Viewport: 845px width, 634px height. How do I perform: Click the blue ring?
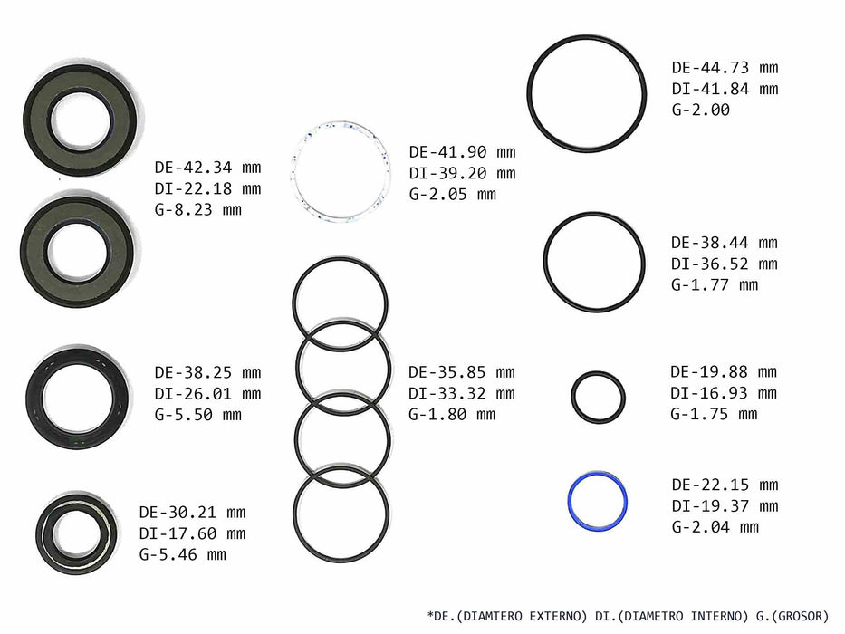571,502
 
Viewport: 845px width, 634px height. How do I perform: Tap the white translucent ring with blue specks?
295,172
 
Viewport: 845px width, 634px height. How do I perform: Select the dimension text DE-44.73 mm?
725,68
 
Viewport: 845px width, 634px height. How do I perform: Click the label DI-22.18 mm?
207,188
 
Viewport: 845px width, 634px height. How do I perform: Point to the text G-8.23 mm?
197,210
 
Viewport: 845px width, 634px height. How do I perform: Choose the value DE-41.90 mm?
463,152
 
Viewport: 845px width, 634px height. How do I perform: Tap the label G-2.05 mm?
453,194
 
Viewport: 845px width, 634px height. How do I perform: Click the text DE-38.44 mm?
725,243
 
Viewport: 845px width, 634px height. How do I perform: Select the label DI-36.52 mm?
725,264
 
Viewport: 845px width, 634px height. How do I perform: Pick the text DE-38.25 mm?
207,372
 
